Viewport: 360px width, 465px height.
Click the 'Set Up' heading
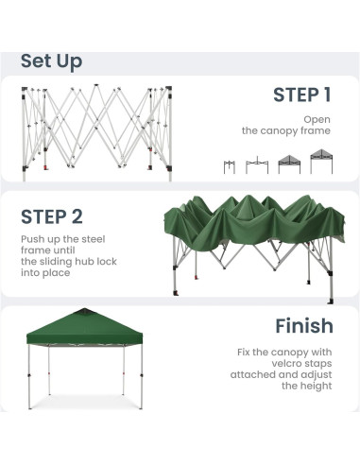tap(51, 61)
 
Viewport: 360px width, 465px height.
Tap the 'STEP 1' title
tap(302, 95)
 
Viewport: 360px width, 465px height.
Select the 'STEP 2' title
tap(52, 216)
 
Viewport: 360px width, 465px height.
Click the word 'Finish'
tap(304, 326)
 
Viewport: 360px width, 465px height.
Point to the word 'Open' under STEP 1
tap(317, 120)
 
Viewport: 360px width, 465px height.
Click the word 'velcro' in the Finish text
tap(286, 363)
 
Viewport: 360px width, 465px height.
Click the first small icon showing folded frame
tap(230, 166)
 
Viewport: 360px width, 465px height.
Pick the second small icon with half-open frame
tap(257, 165)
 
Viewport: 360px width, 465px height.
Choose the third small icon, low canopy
tap(289, 164)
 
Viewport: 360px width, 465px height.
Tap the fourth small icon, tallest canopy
tap(321, 162)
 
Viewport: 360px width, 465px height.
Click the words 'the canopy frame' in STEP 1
tap(286, 131)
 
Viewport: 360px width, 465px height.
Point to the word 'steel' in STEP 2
tap(94, 239)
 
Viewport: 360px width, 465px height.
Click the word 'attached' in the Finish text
tap(253, 374)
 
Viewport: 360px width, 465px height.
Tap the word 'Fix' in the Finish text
tap(244, 352)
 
